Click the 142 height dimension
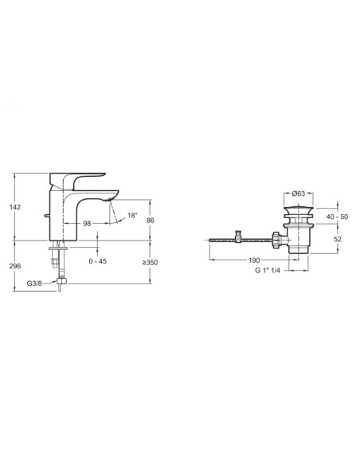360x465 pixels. (x=15, y=207)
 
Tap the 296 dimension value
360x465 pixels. (x=15, y=266)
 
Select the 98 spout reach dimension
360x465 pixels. (x=87, y=223)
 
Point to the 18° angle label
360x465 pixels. (x=132, y=215)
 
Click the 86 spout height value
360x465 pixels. (x=151, y=220)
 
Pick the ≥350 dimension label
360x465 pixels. (x=150, y=262)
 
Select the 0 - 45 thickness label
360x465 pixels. (x=97, y=261)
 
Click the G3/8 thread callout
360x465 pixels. (x=34, y=283)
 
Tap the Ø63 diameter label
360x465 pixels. (x=299, y=193)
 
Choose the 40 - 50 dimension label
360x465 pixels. (x=337, y=217)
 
